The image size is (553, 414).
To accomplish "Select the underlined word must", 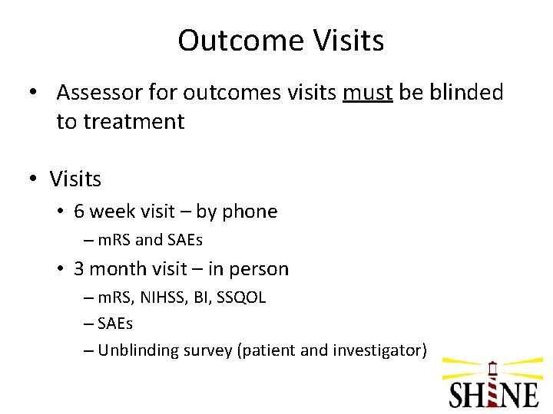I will (368, 93).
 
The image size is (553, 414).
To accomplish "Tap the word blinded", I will (465, 93).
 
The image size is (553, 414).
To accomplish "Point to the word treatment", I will (120, 121).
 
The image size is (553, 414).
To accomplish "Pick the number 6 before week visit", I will (79, 212).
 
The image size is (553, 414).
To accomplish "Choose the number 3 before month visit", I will (79, 269).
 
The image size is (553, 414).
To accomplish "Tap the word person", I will (262, 269).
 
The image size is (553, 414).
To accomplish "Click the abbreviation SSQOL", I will (244, 297).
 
